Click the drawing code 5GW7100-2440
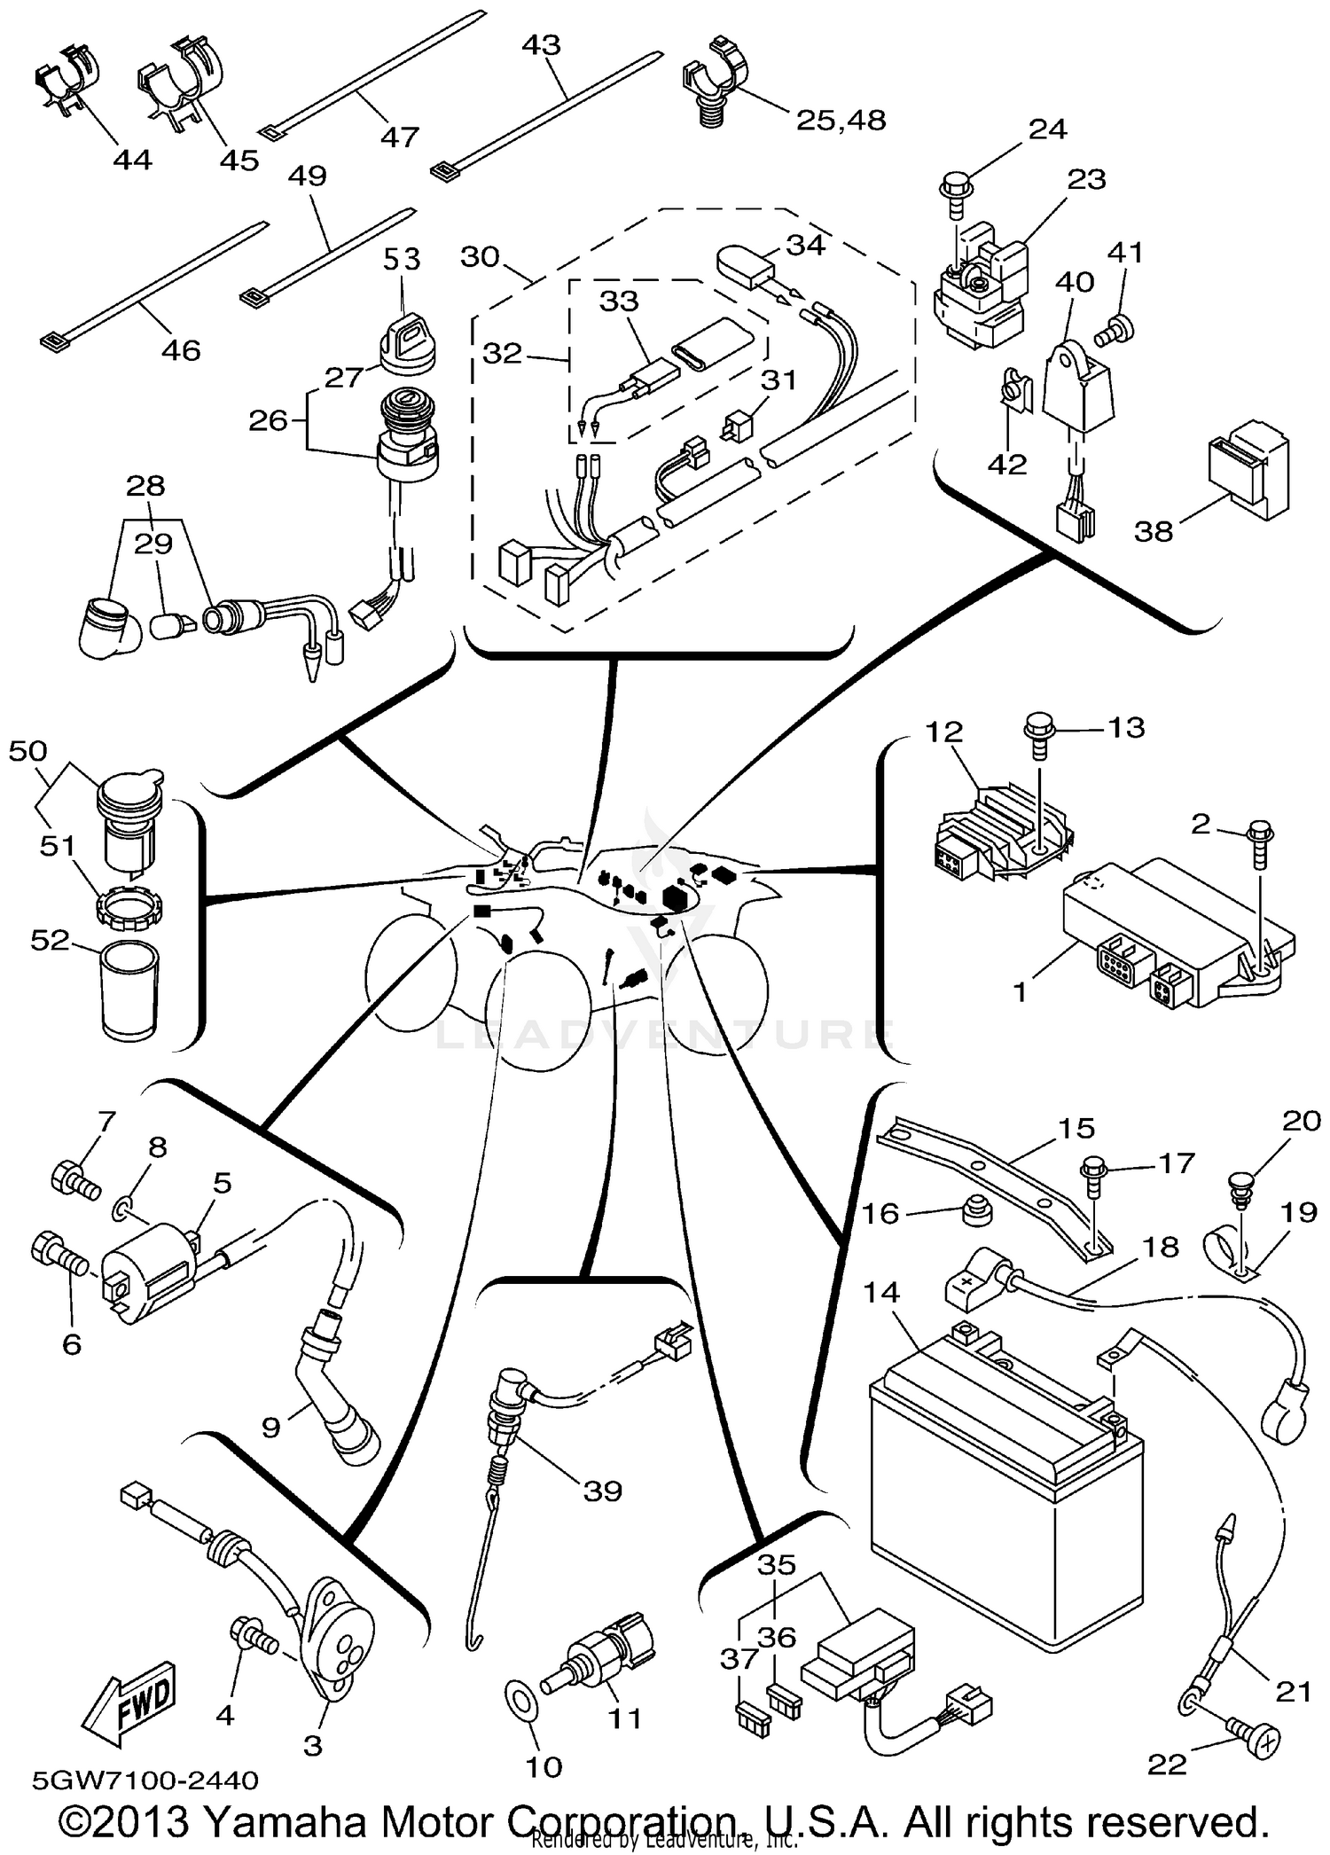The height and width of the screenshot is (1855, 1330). (x=145, y=1780)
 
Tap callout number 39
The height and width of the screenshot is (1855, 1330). (x=603, y=1491)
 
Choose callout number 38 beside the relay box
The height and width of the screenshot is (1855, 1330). (x=1154, y=531)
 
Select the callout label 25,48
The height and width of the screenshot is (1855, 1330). (x=841, y=120)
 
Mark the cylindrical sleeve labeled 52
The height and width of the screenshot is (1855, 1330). (x=129, y=989)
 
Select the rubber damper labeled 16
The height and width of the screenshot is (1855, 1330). (x=977, y=1209)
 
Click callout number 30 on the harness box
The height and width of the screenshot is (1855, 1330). (x=481, y=257)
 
